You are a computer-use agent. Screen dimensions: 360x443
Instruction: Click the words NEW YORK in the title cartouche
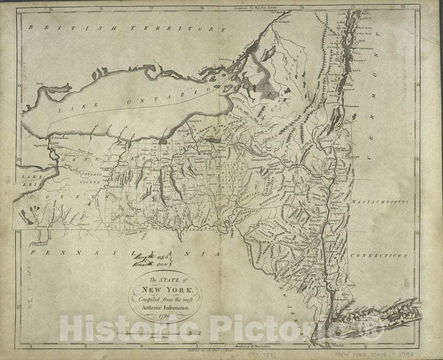pos(165,290)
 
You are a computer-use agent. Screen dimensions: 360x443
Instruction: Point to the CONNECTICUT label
pos(379,256)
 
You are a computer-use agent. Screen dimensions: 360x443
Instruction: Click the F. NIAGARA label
pos(58,137)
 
